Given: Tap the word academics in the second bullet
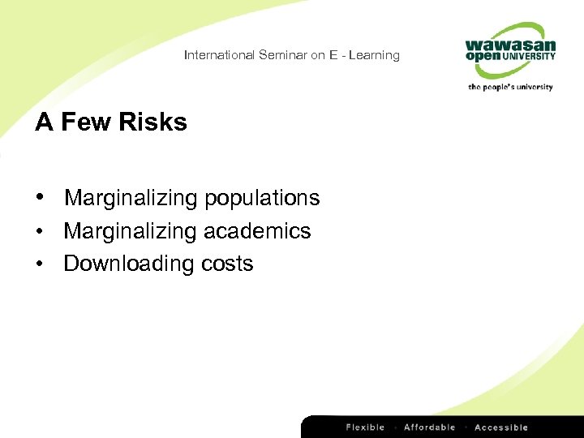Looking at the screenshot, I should point(257,231).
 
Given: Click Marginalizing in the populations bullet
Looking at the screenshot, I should point(131,198).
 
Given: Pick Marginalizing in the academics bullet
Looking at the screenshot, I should point(131,231).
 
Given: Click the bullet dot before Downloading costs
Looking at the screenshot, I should point(40,264).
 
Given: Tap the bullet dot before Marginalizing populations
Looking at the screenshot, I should point(40,198).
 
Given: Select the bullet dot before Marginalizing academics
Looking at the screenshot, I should point(40,231).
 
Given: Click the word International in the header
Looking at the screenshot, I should point(219,55).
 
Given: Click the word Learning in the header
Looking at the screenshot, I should point(376,55).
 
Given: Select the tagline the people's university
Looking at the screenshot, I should point(510,87).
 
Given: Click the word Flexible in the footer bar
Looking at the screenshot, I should point(366,427).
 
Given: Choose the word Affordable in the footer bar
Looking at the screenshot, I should point(429,427).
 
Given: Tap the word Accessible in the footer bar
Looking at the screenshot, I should point(500,427).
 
